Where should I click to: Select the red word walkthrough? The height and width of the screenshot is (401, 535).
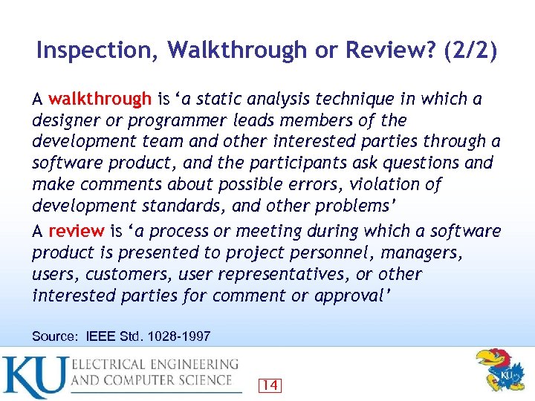[100, 99]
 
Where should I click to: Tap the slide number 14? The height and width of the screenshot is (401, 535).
[270, 385]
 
